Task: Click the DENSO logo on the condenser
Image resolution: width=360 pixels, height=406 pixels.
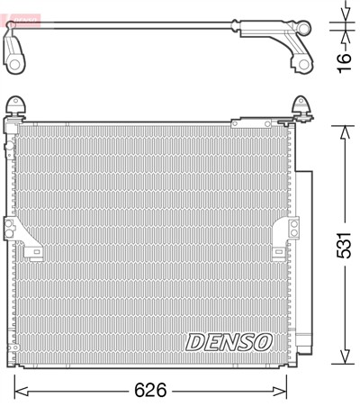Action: (229, 342)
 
